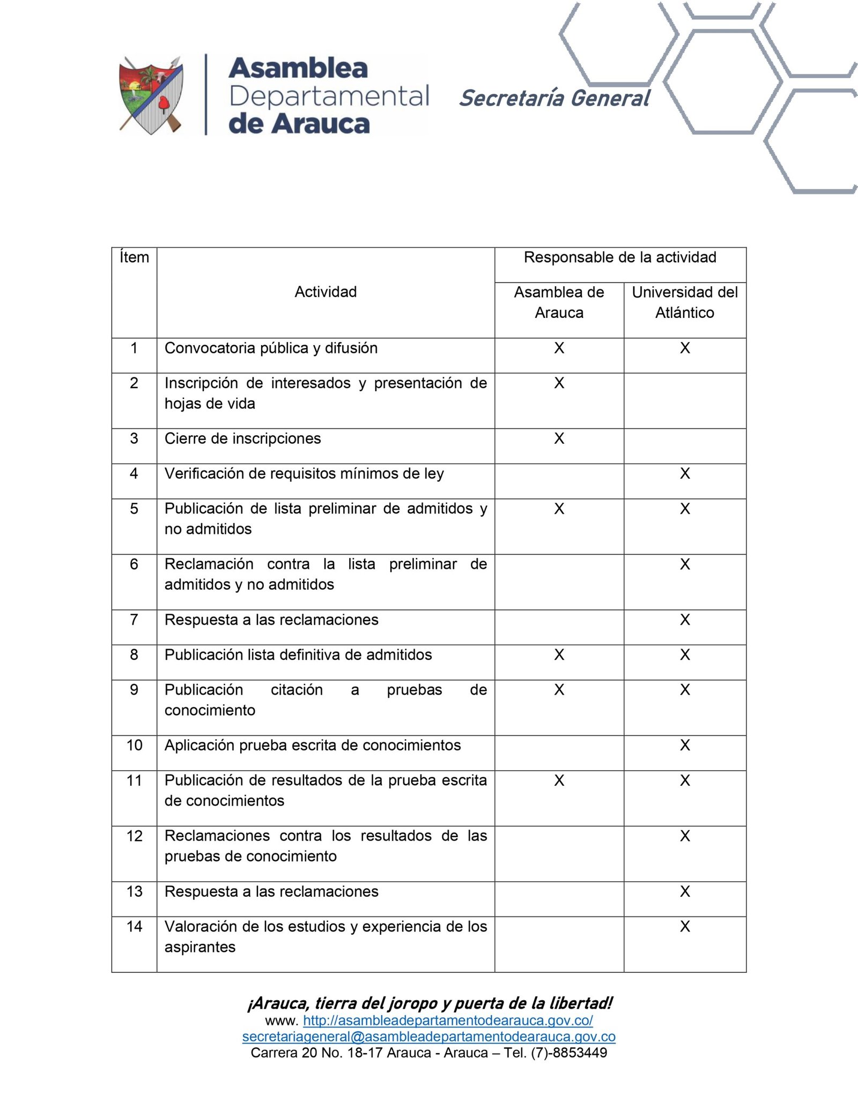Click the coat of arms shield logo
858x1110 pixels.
[151, 95]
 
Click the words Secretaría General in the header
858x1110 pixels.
[554, 98]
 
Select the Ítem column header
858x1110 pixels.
[134, 258]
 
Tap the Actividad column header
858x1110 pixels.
[326, 292]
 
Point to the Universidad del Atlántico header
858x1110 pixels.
[685, 302]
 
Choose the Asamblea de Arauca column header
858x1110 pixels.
[559, 302]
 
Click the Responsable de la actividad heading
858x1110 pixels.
[620, 258]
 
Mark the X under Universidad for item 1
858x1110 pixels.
[685, 348]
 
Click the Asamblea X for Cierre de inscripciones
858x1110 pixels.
[559, 439]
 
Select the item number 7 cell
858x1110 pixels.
[134, 620]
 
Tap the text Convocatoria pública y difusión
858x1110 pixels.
[271, 348]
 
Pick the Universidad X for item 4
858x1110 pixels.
[685, 474]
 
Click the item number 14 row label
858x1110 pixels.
[134, 927]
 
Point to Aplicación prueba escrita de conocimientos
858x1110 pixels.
[313, 746]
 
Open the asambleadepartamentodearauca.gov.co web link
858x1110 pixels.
[448, 1020]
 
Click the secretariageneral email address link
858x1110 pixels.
[428, 1037]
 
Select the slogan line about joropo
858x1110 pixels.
[430, 1003]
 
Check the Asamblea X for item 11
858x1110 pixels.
[559, 781]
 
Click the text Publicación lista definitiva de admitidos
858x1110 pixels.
[298, 655]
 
